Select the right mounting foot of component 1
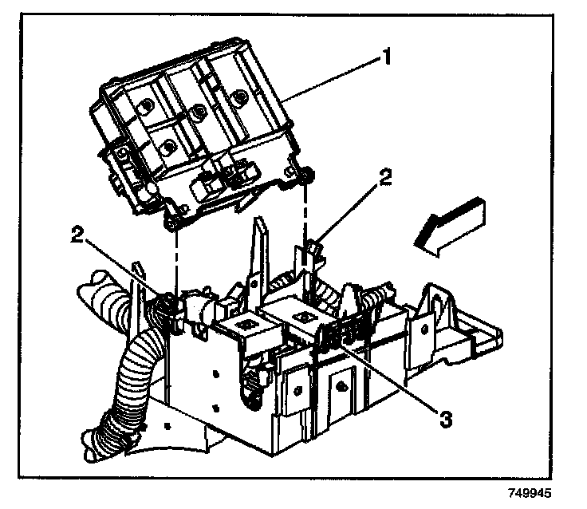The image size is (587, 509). (306, 175)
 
